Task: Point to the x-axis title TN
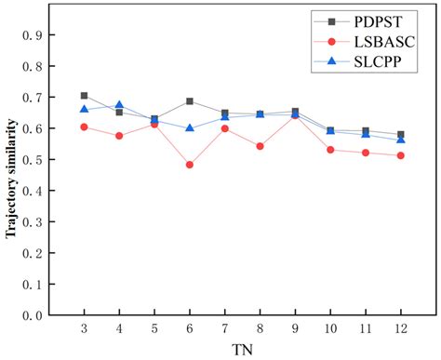pos(242,350)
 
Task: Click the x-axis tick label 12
pos(400,328)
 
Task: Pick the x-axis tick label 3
pos(85,328)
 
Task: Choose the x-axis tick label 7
pos(224,328)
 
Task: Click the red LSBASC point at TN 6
pos(190,165)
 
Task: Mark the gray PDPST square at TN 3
pos(85,96)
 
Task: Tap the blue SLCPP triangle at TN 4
pos(119,106)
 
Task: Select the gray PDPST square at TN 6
pos(190,101)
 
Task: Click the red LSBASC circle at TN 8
pos(260,146)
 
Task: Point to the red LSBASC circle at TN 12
pos(400,155)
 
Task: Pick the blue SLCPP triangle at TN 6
pos(190,128)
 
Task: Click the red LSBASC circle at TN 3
pos(85,127)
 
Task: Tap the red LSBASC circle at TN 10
pos(330,150)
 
